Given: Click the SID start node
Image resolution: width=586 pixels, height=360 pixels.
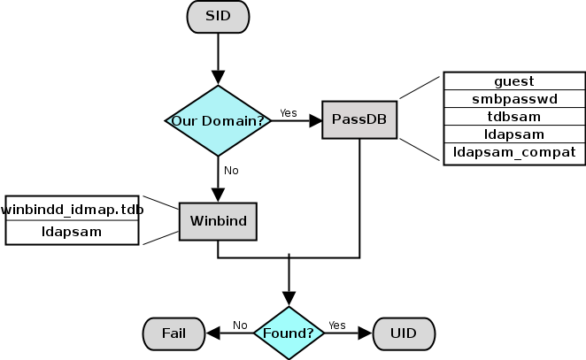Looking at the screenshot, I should point(217,15).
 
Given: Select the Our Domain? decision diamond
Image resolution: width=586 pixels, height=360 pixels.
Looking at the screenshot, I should point(218,120).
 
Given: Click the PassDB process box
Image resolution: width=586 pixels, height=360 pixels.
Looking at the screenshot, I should point(359,119).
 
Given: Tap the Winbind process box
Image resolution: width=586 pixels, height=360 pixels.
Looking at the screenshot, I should point(218,221).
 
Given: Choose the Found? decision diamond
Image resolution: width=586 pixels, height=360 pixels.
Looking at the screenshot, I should point(289,333).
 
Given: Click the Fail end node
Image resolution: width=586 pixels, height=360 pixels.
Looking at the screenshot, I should point(173,333).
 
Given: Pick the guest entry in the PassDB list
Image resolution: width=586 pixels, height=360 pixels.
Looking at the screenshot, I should point(514,80).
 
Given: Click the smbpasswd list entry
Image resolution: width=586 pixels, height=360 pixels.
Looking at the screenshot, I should point(514,98).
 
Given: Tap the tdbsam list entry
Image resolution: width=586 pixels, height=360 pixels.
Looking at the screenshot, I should point(514,116).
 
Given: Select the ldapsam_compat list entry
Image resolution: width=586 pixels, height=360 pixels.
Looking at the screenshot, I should point(514,152).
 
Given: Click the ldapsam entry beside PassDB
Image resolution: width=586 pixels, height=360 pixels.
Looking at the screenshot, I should point(514,134).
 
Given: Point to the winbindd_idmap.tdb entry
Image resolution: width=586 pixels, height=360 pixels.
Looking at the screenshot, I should point(71,209).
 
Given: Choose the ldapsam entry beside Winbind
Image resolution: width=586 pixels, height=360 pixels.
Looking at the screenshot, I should point(71,231).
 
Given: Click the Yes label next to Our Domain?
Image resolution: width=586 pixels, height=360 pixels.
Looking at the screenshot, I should point(288,112).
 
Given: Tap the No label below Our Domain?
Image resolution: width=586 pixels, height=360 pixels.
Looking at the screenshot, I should point(231,170).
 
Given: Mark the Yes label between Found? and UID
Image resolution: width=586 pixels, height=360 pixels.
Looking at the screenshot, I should point(336,325).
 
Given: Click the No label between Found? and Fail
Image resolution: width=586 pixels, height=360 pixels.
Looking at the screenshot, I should point(239,325).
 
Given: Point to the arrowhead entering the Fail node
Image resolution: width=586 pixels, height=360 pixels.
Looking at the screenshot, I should point(213,333).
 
